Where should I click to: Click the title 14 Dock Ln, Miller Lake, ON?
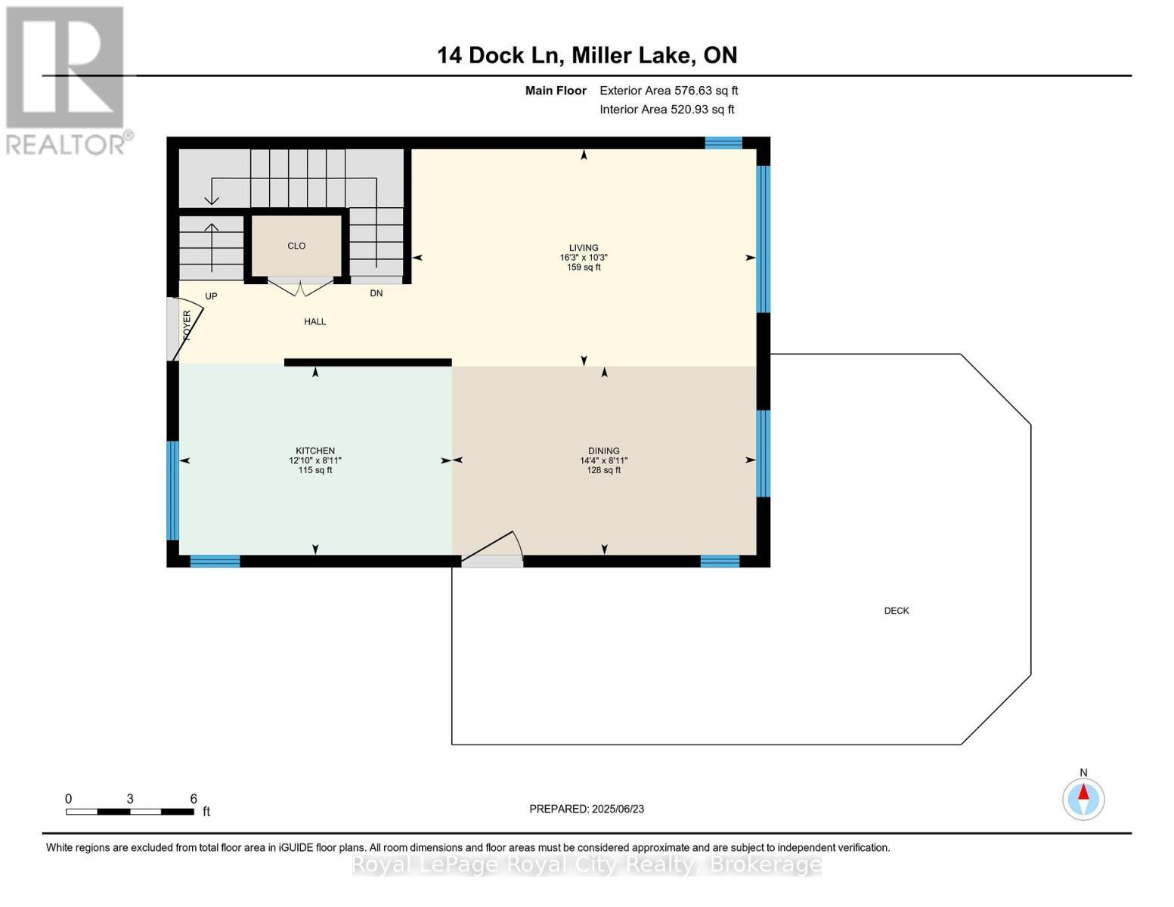[587, 55]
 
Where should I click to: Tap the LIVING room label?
[584, 248]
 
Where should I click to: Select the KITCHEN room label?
[315, 450]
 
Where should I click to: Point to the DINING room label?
[603, 450]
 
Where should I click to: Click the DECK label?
[897, 611]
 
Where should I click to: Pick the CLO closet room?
[296, 246]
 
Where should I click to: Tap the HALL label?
[315, 322]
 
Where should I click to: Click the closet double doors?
[301, 288]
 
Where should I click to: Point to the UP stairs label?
[211, 296]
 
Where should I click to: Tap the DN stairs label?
[376, 293]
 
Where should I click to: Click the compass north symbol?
[1083, 798]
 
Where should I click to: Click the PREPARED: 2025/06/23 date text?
[587, 809]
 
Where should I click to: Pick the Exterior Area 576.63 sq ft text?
[668, 91]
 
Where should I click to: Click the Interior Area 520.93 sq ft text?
[667, 110]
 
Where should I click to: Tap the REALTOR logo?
[67, 79]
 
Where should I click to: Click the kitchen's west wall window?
[173, 490]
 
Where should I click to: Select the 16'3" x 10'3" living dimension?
[584, 258]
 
